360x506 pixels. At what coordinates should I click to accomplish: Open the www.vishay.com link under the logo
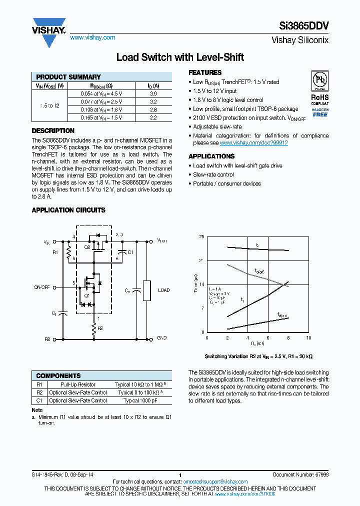click(92, 37)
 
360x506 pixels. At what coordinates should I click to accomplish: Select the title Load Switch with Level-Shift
click(179, 57)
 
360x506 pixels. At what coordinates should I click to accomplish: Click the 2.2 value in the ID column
click(153, 117)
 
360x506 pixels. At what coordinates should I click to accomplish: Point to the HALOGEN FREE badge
click(320, 112)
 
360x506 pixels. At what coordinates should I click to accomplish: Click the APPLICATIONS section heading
click(211, 156)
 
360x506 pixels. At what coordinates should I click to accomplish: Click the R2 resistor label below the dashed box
click(100, 328)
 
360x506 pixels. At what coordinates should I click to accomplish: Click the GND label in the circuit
click(162, 338)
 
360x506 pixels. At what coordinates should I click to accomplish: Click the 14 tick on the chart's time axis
click(202, 284)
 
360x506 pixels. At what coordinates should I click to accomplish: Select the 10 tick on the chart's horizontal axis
click(308, 338)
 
